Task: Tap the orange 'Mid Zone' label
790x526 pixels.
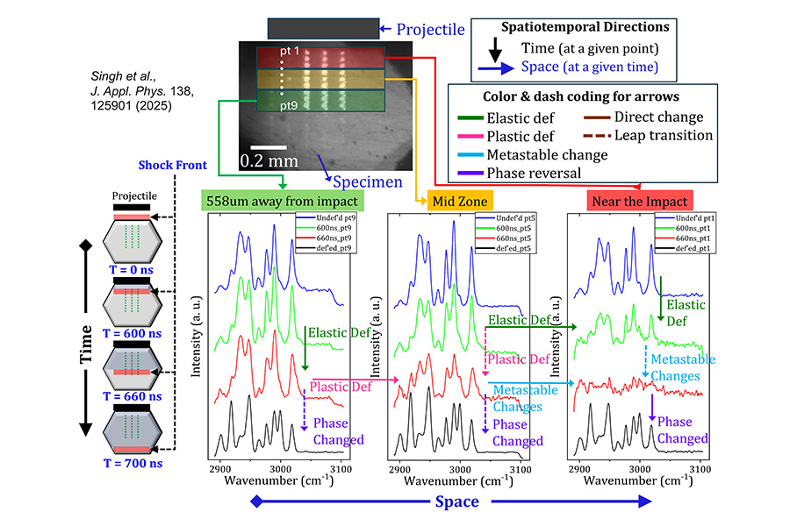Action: [457, 201]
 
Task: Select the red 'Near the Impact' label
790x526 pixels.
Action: [638, 201]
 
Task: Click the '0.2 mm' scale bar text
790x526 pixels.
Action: [269, 160]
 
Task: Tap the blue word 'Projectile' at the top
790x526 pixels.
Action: [430, 30]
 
